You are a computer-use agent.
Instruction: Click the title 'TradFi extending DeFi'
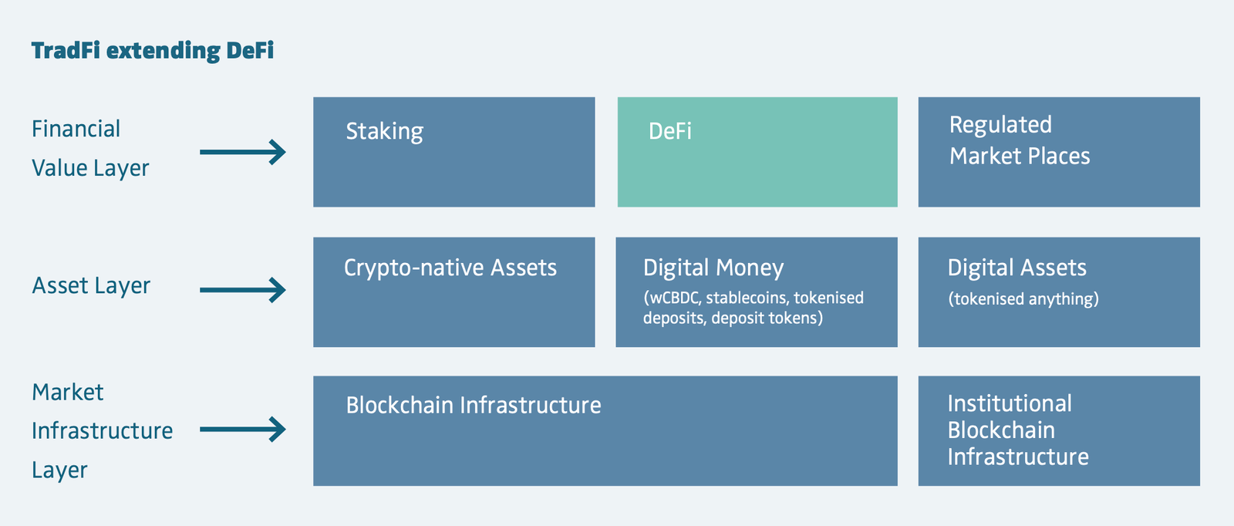(153, 51)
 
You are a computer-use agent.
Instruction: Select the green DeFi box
(757, 152)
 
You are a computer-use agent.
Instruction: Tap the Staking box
(454, 152)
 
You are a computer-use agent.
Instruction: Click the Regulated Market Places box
(1059, 152)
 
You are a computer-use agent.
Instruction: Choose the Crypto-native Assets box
(454, 292)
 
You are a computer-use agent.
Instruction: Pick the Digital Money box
(757, 292)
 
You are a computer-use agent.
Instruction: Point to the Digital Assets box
(1059, 292)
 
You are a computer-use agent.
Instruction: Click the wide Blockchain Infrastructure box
(605, 430)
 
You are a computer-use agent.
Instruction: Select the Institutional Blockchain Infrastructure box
(1059, 430)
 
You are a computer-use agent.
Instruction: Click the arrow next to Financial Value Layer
(243, 152)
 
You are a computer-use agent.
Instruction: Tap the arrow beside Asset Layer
(243, 290)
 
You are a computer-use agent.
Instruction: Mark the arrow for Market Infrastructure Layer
(243, 429)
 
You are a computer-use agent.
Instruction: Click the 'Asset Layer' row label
(91, 286)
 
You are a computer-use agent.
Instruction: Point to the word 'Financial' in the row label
(76, 129)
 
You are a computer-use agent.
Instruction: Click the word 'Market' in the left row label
(68, 392)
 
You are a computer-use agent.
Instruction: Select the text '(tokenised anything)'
(1023, 299)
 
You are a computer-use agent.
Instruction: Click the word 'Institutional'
(1010, 403)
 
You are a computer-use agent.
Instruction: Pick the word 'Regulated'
(1000, 125)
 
